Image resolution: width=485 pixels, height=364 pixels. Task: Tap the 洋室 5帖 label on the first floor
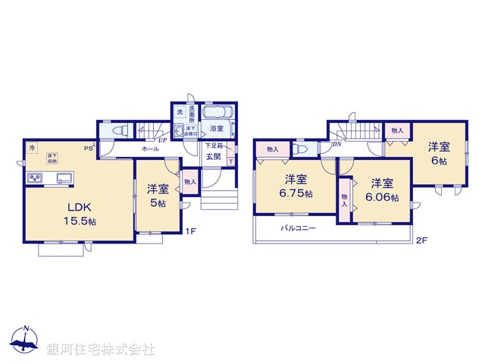click(x=157, y=195)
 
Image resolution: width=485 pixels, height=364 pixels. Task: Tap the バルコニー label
click(x=298, y=227)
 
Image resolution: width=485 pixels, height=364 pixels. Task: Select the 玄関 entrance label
click(x=213, y=157)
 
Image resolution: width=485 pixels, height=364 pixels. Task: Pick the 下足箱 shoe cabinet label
click(x=213, y=145)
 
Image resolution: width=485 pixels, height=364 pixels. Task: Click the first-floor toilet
click(x=116, y=130)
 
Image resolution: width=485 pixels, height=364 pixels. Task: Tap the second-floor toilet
click(x=302, y=149)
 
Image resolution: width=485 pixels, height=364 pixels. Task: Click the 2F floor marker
click(x=421, y=241)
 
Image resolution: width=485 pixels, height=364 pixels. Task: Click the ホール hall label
click(x=150, y=149)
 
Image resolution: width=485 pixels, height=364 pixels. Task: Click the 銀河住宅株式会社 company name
click(x=100, y=350)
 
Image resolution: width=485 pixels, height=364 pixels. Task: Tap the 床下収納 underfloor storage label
click(x=52, y=158)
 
